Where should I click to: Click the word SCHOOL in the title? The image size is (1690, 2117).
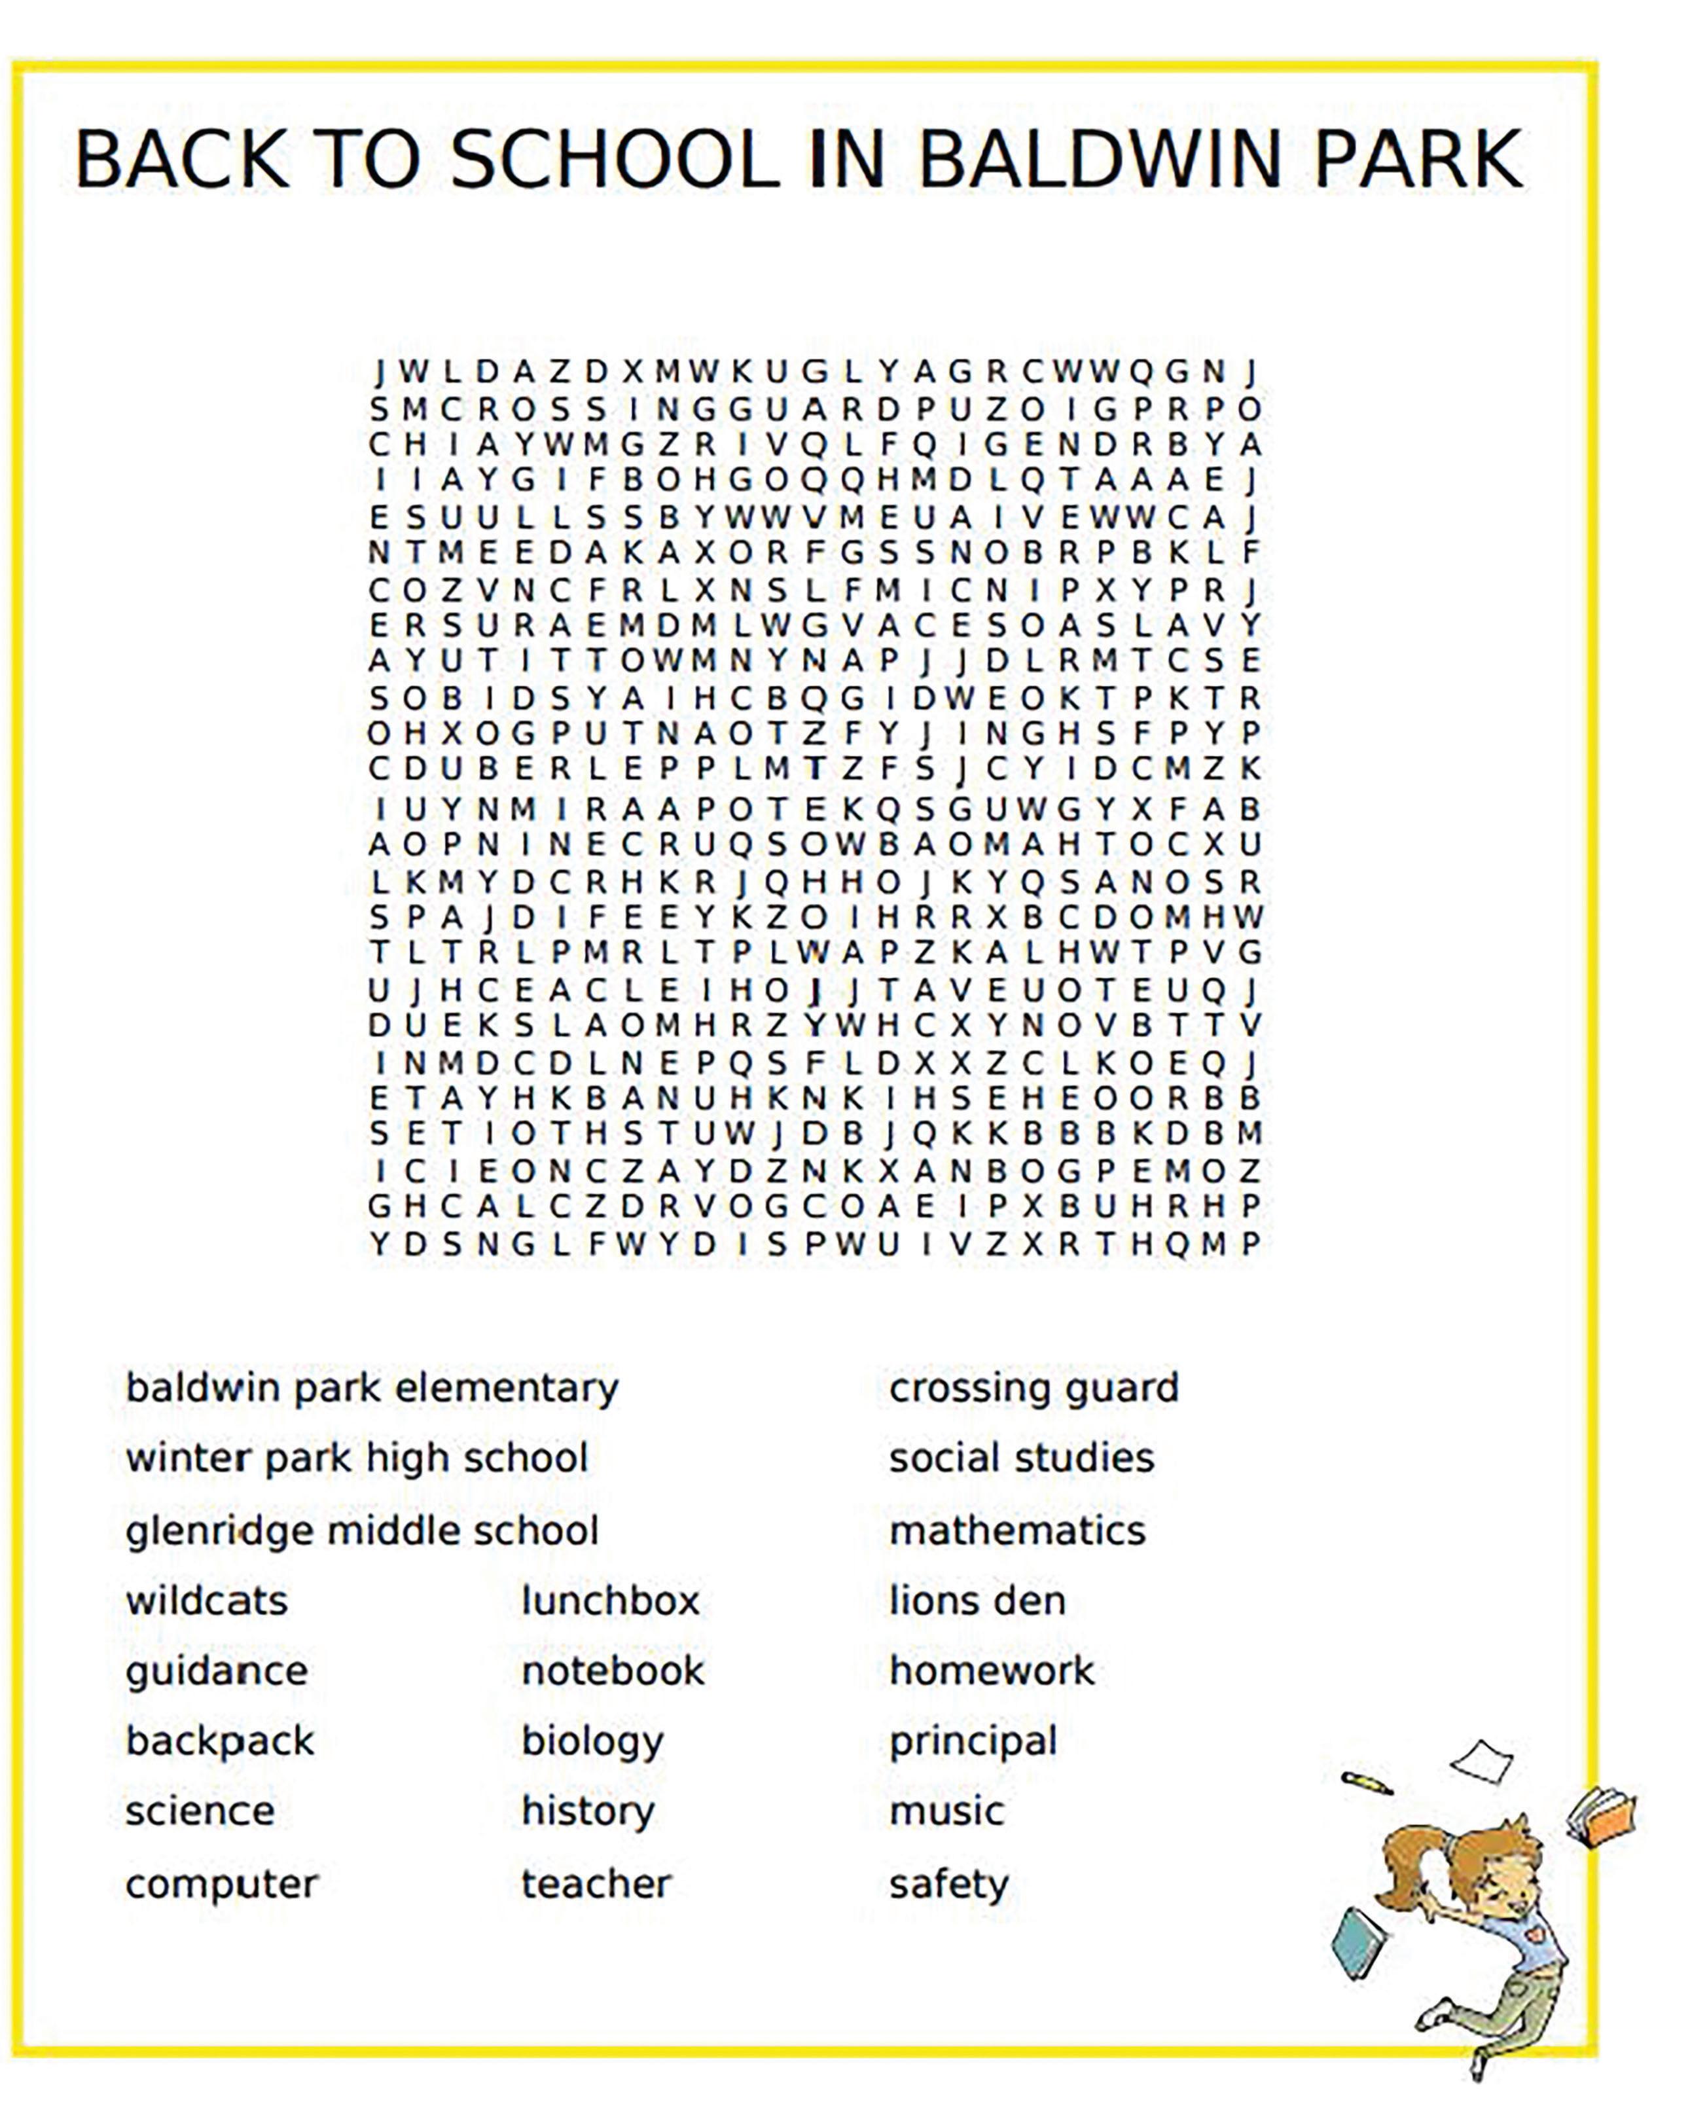click(x=615, y=160)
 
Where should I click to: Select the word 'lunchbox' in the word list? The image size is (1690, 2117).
click(x=610, y=1601)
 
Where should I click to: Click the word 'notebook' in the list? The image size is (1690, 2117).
click(x=613, y=1671)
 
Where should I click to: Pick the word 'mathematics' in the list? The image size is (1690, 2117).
click(x=1017, y=1530)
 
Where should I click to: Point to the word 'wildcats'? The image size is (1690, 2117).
click(x=206, y=1601)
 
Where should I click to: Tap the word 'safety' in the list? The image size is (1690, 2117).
click(x=948, y=1884)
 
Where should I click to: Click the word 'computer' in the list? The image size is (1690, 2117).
click(x=222, y=1884)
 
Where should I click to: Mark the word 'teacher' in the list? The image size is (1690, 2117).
click(x=596, y=1884)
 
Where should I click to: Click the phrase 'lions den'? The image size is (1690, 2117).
click(x=977, y=1601)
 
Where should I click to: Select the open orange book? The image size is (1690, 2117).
click(x=1602, y=1817)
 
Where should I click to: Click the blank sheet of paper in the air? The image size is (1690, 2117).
click(x=1483, y=1762)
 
